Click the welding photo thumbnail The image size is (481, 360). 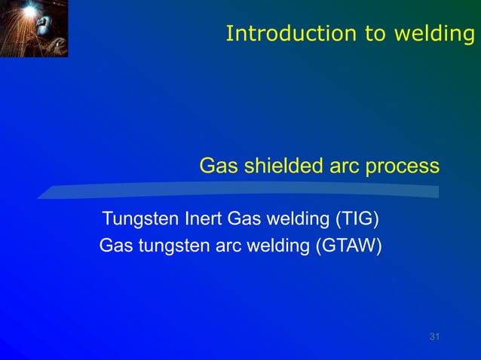[x=34, y=29]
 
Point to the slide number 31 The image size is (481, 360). [x=434, y=336]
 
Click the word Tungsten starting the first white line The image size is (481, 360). [x=141, y=220]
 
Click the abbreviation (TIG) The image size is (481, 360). [x=357, y=220]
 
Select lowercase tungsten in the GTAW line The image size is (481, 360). [x=167, y=246]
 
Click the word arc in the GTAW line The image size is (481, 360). [x=222, y=246]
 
